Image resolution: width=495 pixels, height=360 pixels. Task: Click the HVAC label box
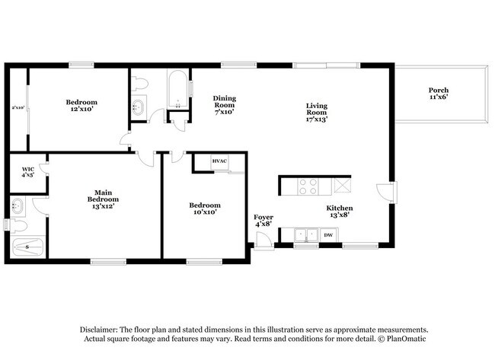(219, 161)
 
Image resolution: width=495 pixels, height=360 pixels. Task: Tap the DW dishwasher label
(328, 235)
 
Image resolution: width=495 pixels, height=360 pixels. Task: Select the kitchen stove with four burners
(308, 186)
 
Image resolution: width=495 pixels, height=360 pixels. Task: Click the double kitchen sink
(306, 235)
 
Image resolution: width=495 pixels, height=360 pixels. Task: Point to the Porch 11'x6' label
(439, 94)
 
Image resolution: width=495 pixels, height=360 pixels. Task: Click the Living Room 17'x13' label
(317, 113)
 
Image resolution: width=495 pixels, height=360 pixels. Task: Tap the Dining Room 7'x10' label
(225, 105)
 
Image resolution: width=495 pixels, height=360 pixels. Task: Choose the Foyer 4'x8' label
(263, 221)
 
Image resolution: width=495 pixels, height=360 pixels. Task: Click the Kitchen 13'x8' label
(340, 212)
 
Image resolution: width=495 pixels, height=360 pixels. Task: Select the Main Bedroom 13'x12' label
(104, 199)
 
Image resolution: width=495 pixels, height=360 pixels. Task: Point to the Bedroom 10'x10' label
(205, 209)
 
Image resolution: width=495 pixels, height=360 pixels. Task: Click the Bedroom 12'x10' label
(81, 105)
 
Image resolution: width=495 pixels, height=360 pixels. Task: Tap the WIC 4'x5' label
(28, 172)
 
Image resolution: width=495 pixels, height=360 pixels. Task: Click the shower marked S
(27, 247)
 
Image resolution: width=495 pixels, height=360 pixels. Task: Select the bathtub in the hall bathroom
(178, 89)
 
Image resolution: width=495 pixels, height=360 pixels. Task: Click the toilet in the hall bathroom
(139, 84)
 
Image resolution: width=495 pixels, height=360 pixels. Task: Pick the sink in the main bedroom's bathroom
(18, 206)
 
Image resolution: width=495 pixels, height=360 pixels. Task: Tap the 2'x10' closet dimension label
(18, 107)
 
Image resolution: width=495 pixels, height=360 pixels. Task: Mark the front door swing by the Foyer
(264, 239)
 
